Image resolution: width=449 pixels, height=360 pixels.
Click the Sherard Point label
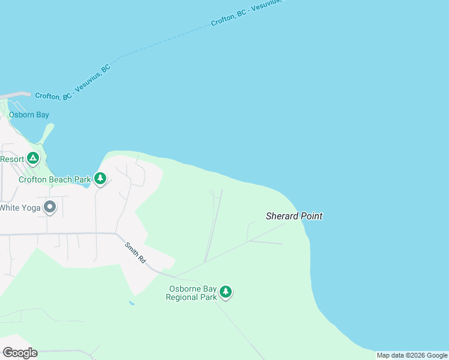point(294,216)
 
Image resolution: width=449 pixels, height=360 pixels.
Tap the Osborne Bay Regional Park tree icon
point(225,292)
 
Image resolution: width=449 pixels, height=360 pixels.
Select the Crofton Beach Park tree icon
point(100,178)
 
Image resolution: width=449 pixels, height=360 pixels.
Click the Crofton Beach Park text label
point(54,179)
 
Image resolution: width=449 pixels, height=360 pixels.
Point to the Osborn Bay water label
point(29,115)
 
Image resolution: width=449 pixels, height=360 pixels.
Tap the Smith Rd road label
point(135,253)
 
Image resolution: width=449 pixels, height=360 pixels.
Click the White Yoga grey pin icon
point(50,208)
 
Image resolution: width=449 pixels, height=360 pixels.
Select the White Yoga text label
point(20,208)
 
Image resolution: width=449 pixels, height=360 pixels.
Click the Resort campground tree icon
point(33,159)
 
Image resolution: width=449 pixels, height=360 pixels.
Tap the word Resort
point(12,159)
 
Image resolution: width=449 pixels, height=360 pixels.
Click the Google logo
point(20,352)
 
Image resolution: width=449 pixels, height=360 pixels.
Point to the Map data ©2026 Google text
point(412,356)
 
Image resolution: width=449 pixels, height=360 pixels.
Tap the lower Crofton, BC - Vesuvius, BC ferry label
point(73,83)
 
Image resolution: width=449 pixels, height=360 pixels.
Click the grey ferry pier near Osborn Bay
point(15,95)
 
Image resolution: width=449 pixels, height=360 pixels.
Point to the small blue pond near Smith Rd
point(131,303)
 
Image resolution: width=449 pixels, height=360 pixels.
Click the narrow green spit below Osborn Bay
point(46,133)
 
